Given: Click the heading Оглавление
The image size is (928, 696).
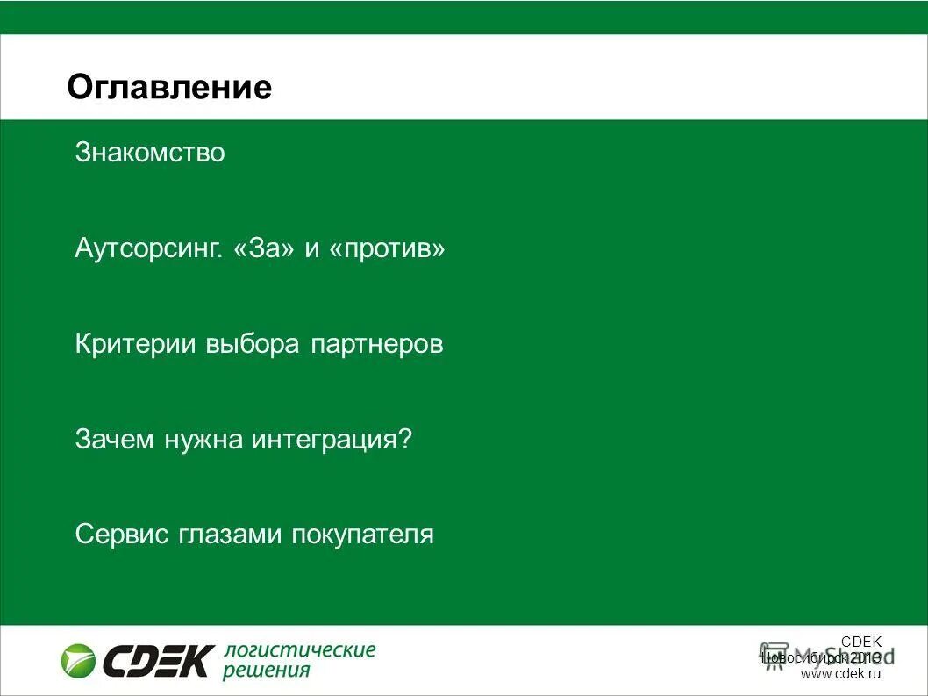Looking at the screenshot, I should point(169,88).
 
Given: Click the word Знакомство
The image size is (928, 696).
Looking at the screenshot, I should point(150,153).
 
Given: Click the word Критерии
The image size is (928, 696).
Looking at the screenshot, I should point(136,344).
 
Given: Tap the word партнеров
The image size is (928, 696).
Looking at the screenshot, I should point(376,345).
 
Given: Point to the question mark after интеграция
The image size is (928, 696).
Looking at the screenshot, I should point(404,439).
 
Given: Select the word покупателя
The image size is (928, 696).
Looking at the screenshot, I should point(362,535).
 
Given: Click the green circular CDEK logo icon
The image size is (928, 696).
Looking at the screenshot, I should point(78,660).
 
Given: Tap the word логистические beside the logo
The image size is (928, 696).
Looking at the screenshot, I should point(299,650).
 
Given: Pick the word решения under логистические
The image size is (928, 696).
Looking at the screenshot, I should point(267,671).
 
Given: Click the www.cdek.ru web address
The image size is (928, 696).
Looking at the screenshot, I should point(839,674).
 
